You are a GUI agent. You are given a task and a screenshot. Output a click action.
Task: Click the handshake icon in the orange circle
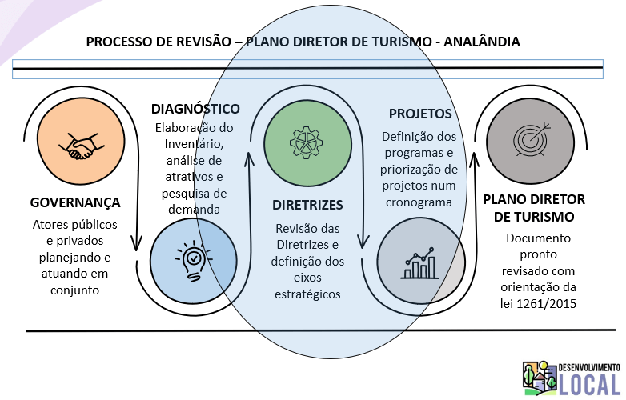[78, 144]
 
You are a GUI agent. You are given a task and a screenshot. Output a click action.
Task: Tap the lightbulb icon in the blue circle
[193, 259]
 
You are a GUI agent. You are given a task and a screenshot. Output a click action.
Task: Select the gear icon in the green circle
[303, 142]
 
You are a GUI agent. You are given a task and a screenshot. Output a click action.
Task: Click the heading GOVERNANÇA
[75, 202]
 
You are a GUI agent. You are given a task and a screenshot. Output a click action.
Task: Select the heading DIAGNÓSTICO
[195, 109]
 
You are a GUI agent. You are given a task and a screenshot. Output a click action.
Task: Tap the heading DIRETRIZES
[307, 204]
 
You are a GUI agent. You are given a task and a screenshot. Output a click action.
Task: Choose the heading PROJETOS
[420, 114]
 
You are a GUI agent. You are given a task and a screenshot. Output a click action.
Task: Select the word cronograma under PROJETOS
[420, 202]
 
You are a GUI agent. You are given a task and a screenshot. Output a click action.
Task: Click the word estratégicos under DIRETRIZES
[308, 294]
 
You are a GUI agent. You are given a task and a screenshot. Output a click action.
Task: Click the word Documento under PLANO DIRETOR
[537, 238]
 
